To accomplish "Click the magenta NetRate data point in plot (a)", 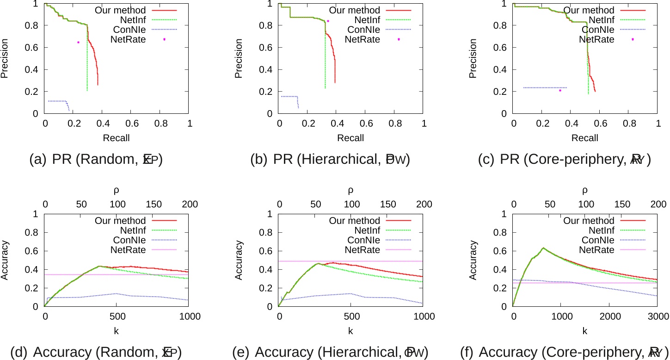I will click(79, 42).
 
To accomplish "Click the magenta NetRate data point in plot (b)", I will click(328, 21).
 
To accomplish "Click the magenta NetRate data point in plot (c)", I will click(560, 90).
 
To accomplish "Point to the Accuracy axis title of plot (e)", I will click(240, 260).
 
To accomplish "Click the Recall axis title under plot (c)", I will click(585, 138).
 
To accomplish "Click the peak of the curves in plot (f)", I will click(543, 248).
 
